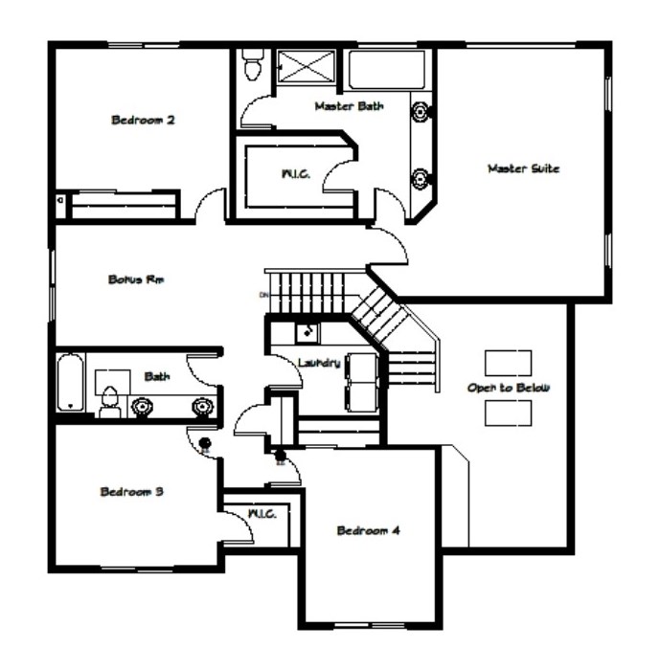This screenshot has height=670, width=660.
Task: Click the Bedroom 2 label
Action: (x=143, y=120)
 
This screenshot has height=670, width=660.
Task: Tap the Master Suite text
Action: (x=524, y=168)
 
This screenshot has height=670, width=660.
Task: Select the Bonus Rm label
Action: (x=136, y=279)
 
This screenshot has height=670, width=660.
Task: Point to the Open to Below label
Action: (x=508, y=388)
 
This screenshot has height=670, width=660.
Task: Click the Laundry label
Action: (x=319, y=363)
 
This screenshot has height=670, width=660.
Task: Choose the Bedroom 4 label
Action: (x=368, y=530)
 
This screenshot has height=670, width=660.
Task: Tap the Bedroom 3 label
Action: (x=132, y=491)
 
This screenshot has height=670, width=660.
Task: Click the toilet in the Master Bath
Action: (x=252, y=64)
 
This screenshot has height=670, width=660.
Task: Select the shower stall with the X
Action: (x=307, y=66)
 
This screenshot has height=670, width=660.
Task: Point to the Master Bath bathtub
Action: (x=387, y=70)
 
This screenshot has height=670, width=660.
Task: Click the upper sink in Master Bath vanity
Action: (x=420, y=112)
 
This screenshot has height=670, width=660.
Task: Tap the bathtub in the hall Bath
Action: (x=71, y=382)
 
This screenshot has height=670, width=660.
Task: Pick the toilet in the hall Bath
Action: (x=110, y=402)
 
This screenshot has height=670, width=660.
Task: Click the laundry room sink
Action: (x=307, y=332)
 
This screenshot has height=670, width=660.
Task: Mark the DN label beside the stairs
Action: (x=263, y=295)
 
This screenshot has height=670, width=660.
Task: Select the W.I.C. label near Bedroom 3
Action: (x=262, y=513)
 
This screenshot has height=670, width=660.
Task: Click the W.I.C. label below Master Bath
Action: (x=296, y=174)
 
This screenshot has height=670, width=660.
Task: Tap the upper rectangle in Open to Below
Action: (x=508, y=363)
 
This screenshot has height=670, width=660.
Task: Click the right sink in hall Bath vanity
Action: (x=201, y=407)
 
